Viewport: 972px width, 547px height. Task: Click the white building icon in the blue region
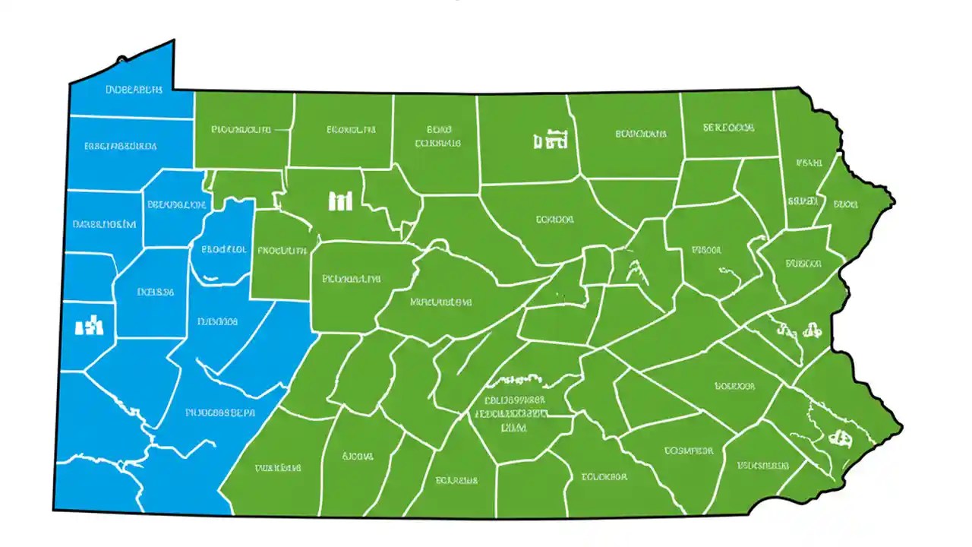[x=89, y=326]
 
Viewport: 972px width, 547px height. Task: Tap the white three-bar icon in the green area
[x=341, y=201]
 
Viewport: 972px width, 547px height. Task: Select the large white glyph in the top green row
[x=551, y=139]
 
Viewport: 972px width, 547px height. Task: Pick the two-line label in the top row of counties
[x=438, y=135]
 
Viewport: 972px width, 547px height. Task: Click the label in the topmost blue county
[x=133, y=90]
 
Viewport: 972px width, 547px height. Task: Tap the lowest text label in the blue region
[x=220, y=413]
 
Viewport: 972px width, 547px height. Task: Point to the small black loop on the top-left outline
[x=121, y=59]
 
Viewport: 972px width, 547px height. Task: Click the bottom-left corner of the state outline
[x=53, y=510]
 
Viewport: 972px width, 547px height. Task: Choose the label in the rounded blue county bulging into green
[x=223, y=248]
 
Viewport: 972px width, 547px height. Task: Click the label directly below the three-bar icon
[x=282, y=249]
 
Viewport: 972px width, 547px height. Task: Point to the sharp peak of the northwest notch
[x=173, y=40]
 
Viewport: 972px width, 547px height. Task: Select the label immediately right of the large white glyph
[x=640, y=134]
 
